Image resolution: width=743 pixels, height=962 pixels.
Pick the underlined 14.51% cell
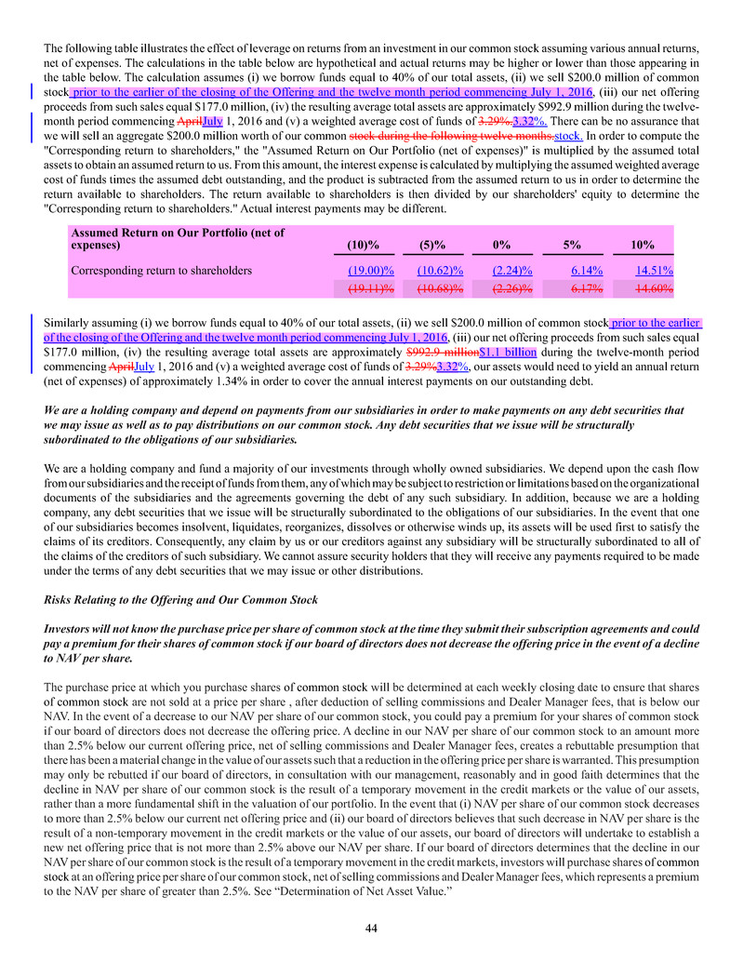point(654,271)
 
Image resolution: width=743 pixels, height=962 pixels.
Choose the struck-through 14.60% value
point(654,289)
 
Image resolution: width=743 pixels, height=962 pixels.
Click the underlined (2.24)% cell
point(512,271)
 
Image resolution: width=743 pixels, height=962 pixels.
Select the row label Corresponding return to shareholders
point(161,271)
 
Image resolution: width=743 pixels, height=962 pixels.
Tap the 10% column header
point(642,246)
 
